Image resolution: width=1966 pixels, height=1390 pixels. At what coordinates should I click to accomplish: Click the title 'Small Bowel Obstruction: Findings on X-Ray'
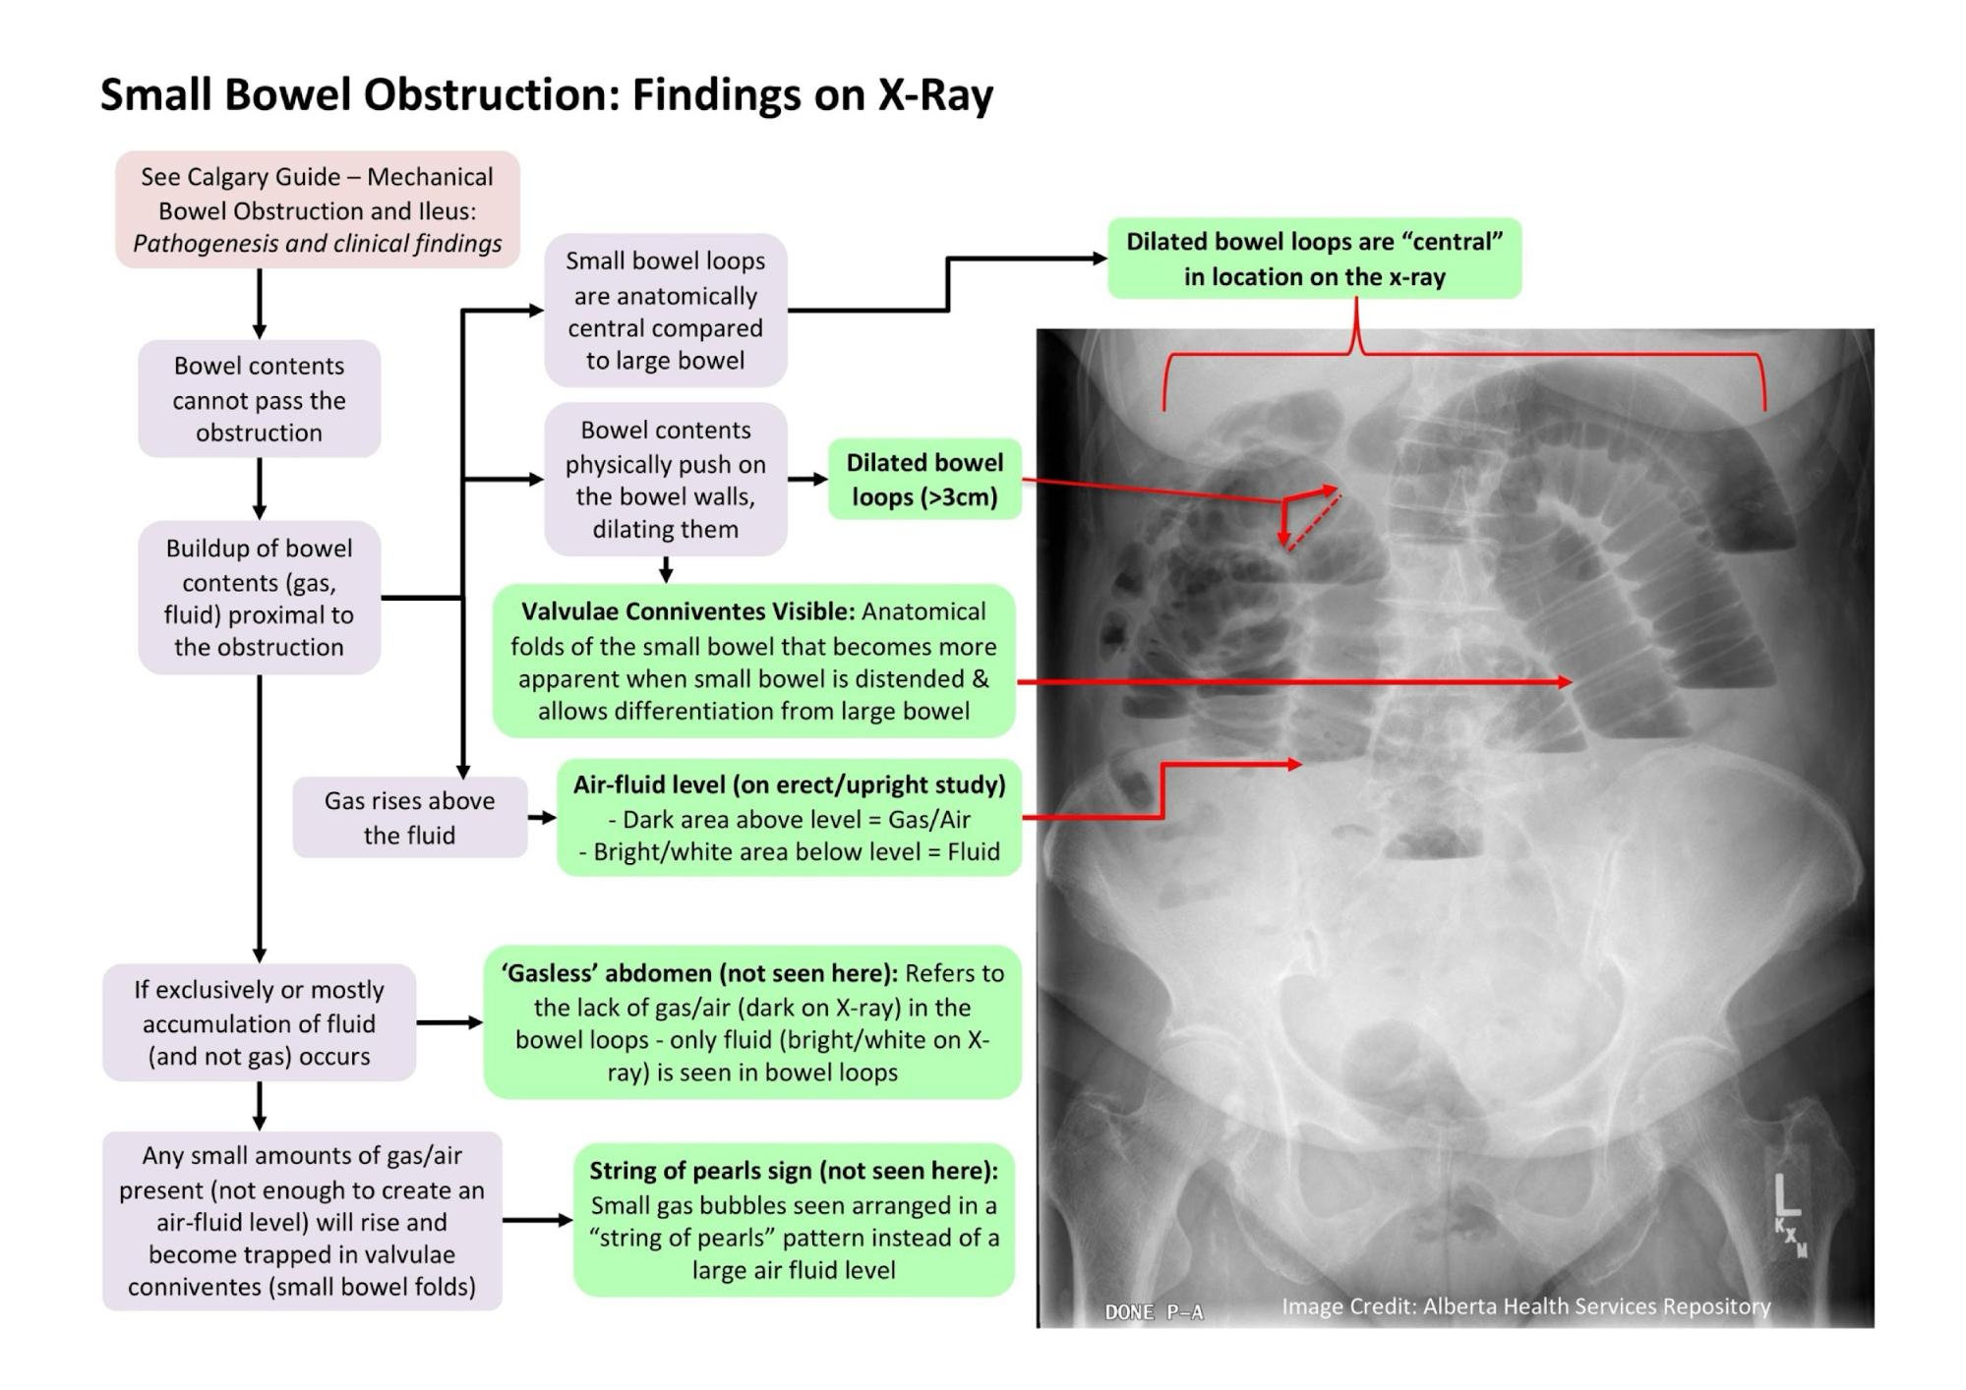click(x=547, y=95)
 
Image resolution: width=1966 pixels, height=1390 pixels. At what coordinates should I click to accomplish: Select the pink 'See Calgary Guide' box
click(x=317, y=209)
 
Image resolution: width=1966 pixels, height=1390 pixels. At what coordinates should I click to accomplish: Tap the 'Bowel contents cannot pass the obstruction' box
click(x=259, y=399)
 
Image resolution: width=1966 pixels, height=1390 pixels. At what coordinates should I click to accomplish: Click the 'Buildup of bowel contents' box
click(x=259, y=597)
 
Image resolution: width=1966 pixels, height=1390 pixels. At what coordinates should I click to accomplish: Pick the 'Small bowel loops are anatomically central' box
click(x=665, y=311)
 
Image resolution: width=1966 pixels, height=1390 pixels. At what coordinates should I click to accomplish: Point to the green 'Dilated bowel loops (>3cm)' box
click(x=924, y=480)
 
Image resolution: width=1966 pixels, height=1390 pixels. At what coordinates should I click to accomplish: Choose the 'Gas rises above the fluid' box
click(x=409, y=817)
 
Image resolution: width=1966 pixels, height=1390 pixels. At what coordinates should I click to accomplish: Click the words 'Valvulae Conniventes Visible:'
click(x=687, y=611)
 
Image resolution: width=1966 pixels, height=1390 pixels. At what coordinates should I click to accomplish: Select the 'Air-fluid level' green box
click(x=789, y=817)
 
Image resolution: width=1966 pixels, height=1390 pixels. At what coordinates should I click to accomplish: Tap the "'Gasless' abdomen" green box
click(x=752, y=1022)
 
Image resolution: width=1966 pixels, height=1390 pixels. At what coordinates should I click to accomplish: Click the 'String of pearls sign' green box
click(x=794, y=1220)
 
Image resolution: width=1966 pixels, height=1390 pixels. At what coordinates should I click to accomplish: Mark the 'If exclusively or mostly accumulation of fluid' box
click(x=259, y=1022)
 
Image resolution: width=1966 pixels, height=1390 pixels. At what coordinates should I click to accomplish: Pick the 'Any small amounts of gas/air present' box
click(x=302, y=1220)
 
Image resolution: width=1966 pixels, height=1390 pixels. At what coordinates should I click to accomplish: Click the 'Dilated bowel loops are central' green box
click(x=1314, y=259)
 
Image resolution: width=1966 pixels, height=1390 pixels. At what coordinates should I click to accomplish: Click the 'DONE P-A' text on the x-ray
click(x=1154, y=1311)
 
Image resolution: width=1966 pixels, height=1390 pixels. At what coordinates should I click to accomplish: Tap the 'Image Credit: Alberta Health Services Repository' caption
click(x=1525, y=1306)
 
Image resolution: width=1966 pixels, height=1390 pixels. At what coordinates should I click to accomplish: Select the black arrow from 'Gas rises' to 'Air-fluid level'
click(x=542, y=817)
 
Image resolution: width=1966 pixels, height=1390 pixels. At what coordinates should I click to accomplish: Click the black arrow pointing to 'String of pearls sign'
click(x=538, y=1220)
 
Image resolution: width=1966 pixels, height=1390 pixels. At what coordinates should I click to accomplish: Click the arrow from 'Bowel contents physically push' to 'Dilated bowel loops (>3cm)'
click(x=807, y=480)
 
